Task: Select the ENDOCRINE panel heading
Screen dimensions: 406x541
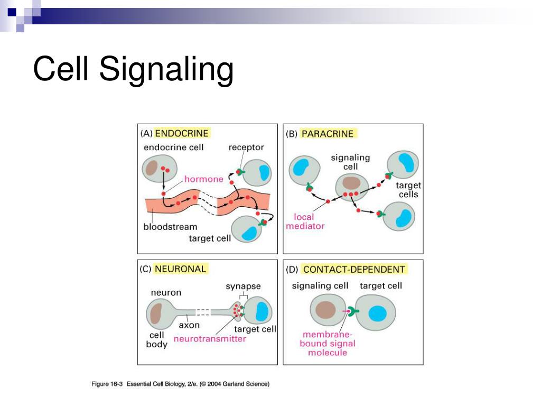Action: pos(181,133)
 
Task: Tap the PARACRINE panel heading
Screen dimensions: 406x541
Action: pos(327,134)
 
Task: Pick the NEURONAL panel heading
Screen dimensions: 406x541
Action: pos(180,269)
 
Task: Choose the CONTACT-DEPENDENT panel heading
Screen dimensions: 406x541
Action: pos(353,269)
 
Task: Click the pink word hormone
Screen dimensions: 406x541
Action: pos(203,179)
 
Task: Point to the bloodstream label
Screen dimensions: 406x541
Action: pos(170,227)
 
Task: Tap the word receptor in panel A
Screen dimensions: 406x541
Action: pos(246,147)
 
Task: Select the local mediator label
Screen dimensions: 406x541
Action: pos(305,221)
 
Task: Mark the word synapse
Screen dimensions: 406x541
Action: pos(243,286)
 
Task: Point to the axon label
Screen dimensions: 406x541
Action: pos(189,325)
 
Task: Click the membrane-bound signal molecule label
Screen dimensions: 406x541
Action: pos(329,343)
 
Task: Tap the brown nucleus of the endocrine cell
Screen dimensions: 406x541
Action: pos(152,168)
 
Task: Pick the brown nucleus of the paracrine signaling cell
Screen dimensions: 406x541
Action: pos(350,183)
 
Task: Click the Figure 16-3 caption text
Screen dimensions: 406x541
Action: pos(180,384)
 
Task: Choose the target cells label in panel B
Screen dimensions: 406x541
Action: pos(408,190)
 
